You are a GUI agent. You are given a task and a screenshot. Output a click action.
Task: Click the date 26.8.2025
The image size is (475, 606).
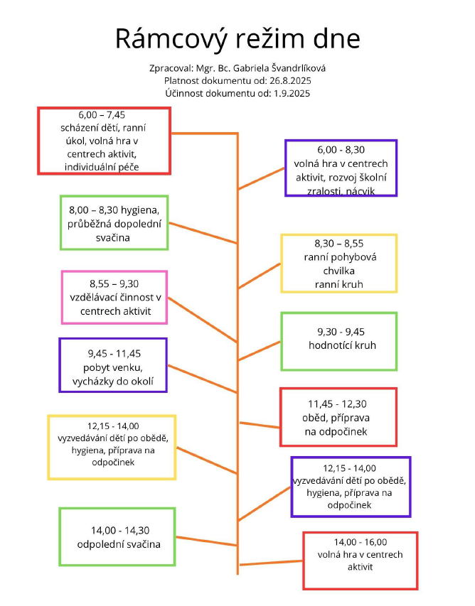click(287, 81)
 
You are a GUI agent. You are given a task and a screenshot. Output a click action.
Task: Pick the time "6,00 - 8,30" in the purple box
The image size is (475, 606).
click(341, 151)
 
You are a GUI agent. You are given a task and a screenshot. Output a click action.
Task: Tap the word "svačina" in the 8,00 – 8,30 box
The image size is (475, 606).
click(114, 238)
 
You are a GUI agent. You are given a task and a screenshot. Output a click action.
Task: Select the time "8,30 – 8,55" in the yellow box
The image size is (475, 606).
click(339, 244)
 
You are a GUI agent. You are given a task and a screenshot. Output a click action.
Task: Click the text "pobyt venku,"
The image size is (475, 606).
click(114, 367)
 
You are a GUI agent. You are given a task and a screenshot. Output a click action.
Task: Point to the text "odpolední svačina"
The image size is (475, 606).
click(119, 545)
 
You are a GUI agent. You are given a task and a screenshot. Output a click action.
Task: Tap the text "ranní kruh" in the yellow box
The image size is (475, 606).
click(339, 285)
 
